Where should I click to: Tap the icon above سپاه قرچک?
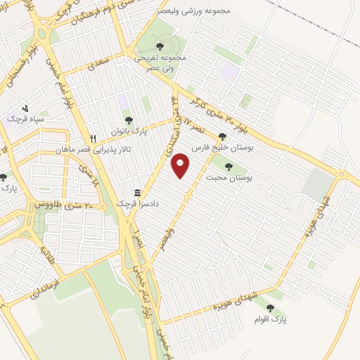point(26,108)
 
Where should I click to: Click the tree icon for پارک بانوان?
point(127,122)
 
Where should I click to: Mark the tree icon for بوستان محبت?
point(229,166)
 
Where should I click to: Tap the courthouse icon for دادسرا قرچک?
point(137,192)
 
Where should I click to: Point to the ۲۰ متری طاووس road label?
point(63,205)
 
